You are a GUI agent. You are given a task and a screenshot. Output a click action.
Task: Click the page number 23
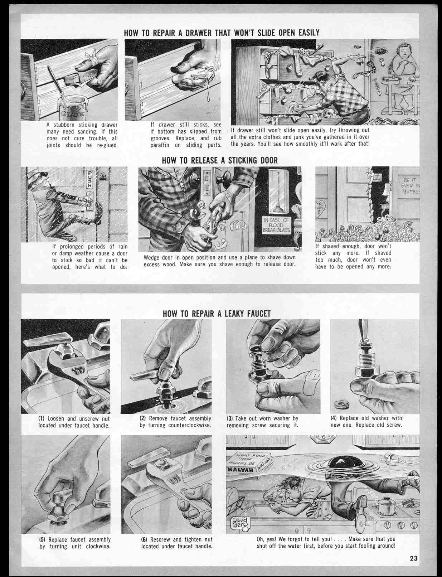coord(414,558)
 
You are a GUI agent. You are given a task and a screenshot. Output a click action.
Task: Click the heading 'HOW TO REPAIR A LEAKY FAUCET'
coord(217,314)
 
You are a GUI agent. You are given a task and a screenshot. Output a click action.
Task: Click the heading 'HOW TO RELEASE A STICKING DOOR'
coord(220,160)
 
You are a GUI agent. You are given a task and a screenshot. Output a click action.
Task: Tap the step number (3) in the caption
coord(230,418)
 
